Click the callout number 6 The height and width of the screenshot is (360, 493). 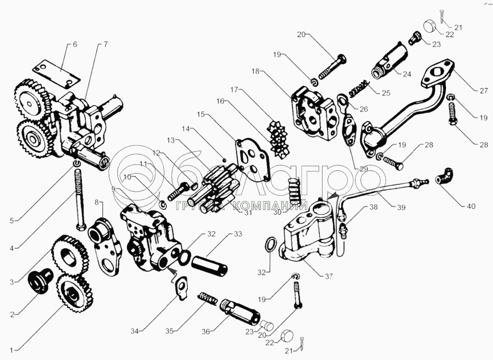74,44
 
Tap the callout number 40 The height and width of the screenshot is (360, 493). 471,206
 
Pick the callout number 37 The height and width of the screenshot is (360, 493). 329,276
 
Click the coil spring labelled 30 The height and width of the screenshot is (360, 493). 293,190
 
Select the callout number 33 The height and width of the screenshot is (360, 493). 238,234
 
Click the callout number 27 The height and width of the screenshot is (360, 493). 483,91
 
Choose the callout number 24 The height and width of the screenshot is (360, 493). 407,74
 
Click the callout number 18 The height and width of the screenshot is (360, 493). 255,72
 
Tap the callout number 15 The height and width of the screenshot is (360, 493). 200,115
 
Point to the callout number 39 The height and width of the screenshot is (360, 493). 401,207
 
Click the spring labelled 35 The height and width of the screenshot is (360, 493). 207,299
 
